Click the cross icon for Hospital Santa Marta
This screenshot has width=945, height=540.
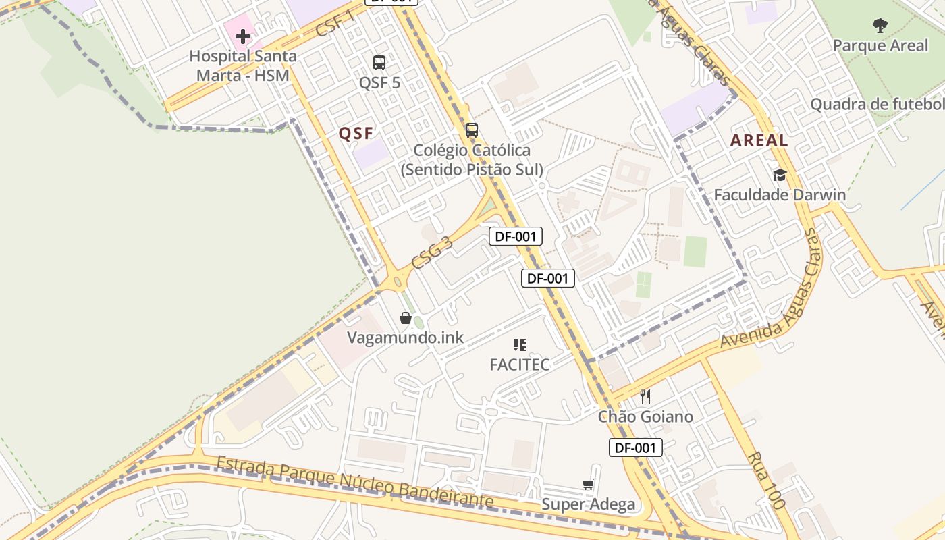point(243,36)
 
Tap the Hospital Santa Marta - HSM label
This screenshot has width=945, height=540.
point(243,65)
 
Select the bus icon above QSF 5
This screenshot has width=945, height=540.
point(379,63)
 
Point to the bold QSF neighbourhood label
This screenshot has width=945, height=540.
point(356,134)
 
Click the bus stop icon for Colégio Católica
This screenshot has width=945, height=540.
point(472,130)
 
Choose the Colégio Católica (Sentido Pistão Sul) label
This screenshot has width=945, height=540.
point(472,160)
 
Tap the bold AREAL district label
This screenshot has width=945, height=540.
point(759,140)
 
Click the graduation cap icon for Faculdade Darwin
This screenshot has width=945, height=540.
point(780,175)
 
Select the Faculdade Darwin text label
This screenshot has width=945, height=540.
point(780,195)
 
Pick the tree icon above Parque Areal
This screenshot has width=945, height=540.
point(880,26)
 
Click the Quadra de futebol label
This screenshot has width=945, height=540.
point(878,105)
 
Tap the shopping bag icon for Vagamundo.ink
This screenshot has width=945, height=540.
point(406,318)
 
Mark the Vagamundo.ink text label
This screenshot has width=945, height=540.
point(406,337)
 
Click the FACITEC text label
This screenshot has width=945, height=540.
point(520,364)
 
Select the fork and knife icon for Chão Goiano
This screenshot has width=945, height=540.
point(645,397)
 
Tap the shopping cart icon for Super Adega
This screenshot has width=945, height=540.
point(588,484)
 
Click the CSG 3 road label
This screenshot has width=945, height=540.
point(432,252)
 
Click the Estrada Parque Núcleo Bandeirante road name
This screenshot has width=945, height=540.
point(355,483)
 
